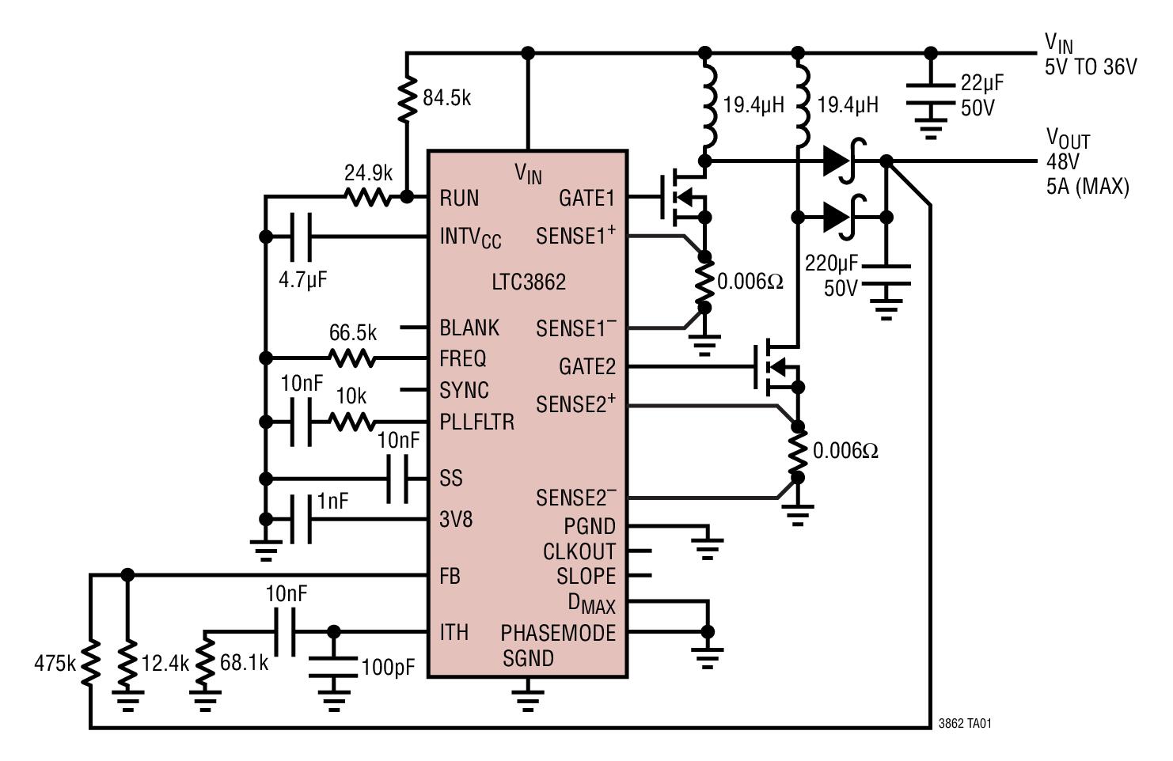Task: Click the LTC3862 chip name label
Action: point(529,282)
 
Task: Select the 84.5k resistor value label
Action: point(447,99)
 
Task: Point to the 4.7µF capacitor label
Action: point(303,280)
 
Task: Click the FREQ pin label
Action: point(463,359)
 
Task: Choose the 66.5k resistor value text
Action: point(353,333)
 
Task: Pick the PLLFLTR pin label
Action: point(477,422)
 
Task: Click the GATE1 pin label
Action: point(586,198)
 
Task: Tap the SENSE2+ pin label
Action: point(575,404)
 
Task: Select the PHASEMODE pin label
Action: point(558,633)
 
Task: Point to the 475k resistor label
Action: point(55,663)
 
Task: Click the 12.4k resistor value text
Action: point(165,663)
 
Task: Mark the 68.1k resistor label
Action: point(244,663)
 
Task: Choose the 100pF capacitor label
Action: point(388,667)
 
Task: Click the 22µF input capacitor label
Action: point(983,83)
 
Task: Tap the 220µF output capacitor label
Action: point(832,263)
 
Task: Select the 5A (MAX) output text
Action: point(1087,187)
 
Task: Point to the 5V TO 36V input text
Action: point(1091,67)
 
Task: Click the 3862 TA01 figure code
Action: point(965,723)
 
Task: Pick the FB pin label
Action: point(450,577)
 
